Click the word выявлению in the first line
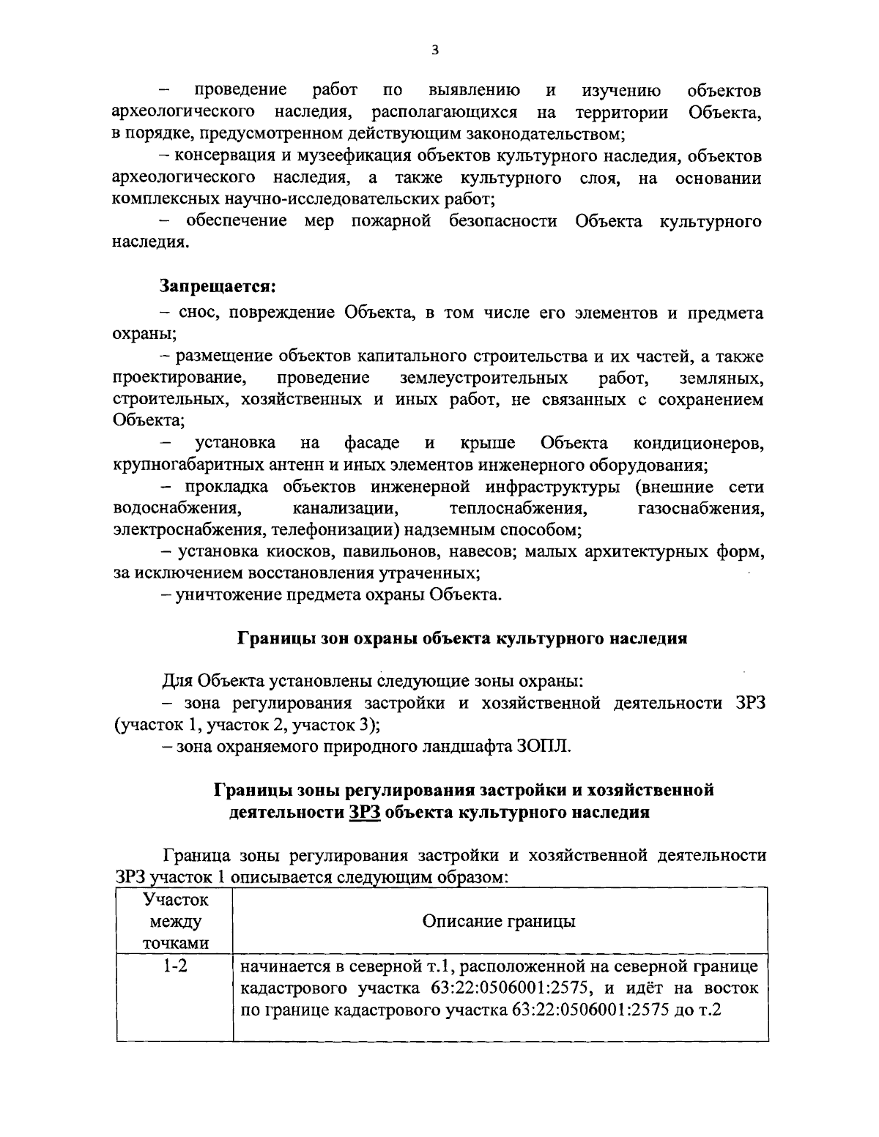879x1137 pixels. pos(473,91)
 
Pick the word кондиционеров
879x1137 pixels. pos(698,443)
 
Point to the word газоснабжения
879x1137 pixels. pos(702,508)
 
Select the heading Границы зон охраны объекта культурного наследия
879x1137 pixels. pos(462,638)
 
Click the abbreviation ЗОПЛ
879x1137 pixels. pos(543,747)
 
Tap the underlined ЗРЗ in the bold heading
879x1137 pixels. pos(364,812)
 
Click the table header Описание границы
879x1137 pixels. pos(499,921)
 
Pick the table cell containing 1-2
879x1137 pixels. pos(175,966)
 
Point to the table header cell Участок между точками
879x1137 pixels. pos(175,921)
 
